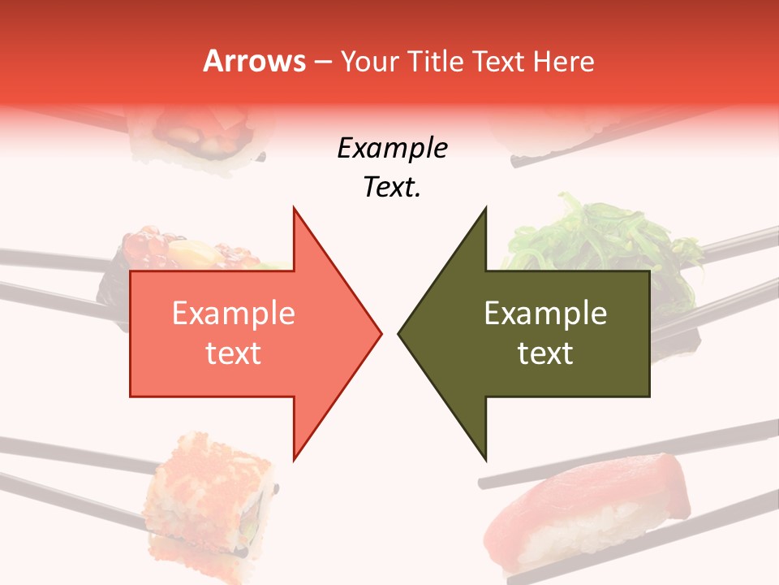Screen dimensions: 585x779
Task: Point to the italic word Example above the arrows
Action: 392,149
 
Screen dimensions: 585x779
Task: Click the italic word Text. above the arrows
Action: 392,188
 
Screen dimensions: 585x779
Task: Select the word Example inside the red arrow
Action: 233,314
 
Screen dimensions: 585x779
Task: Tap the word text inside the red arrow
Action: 233,353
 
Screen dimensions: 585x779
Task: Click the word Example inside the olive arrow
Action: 545,314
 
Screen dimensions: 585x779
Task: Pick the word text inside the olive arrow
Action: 545,353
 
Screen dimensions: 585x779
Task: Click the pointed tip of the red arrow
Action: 380,333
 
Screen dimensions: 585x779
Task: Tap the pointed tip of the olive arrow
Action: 400,333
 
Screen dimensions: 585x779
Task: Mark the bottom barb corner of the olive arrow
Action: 485,459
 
